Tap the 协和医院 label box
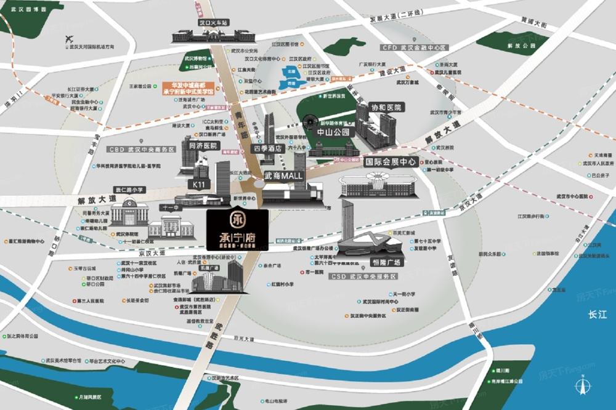[x=386, y=107]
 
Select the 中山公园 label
[x=333, y=132]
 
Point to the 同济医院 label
[x=203, y=146]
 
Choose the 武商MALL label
[x=285, y=175]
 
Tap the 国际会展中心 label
[x=391, y=163]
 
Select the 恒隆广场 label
[x=385, y=262]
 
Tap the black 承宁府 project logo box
[x=237, y=229]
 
